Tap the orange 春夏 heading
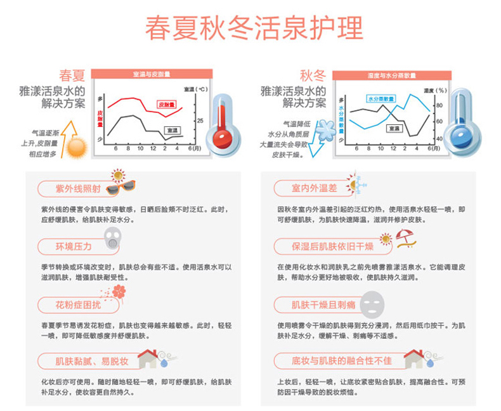[x=72, y=75]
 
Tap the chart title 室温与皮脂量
[x=147, y=74]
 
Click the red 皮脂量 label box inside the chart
[x=167, y=103]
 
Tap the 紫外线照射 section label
[x=78, y=189]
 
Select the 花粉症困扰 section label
[x=78, y=304]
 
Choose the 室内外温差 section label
[x=313, y=188]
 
